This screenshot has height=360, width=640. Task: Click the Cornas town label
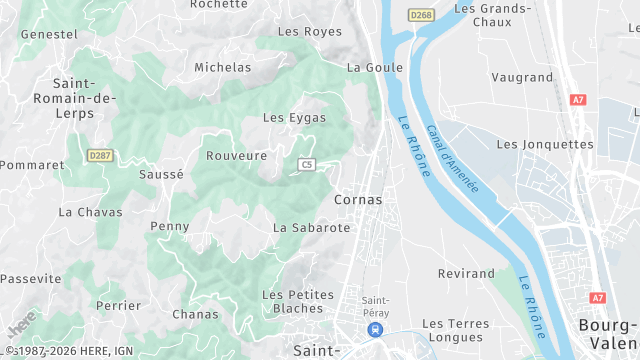[x=358, y=199]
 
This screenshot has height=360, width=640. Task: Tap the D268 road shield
[x=420, y=14]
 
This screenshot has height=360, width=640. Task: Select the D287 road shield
[x=99, y=155]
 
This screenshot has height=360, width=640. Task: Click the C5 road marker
[x=306, y=164]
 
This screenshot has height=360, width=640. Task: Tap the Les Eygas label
[x=294, y=117]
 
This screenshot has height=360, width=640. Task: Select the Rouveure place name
[x=236, y=155]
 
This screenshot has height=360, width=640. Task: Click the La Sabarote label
[x=311, y=227]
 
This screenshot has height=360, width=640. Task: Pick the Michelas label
[x=223, y=67]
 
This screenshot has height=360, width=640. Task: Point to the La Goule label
[x=375, y=67]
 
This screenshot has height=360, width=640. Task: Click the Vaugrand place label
[x=522, y=76]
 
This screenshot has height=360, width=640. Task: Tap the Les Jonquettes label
[x=544, y=143]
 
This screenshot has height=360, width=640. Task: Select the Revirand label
[x=466, y=273]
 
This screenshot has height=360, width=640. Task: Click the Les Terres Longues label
[x=455, y=331]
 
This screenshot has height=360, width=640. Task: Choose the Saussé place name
[x=161, y=173]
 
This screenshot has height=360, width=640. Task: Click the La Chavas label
[x=90, y=211]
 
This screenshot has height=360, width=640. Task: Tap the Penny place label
[x=169, y=226]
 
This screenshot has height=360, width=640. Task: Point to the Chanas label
[x=195, y=314]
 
